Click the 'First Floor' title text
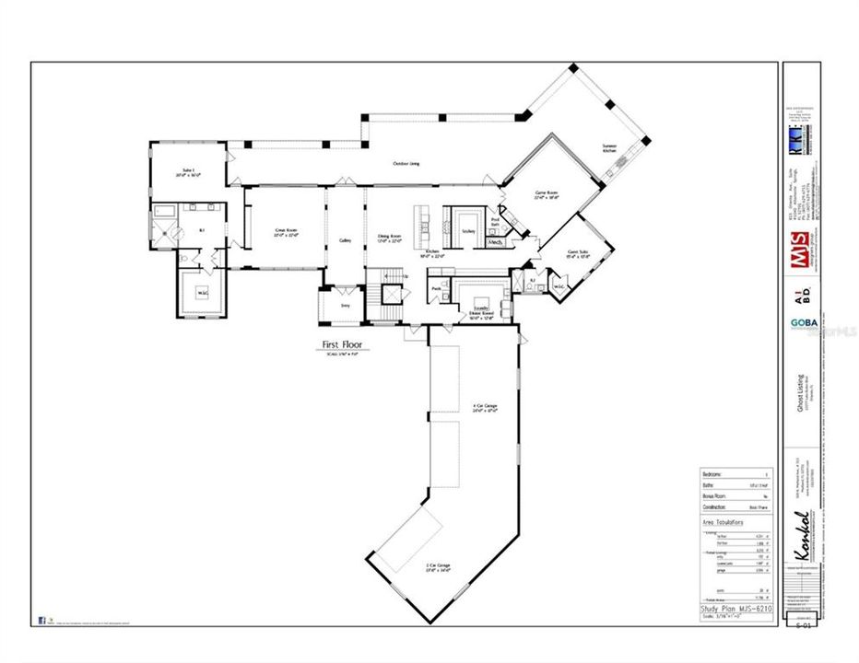[341, 345]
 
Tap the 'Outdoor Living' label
[406, 164]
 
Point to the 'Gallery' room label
[346, 240]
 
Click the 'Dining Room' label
[390, 237]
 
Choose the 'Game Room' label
[547, 195]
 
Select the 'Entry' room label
[346, 304]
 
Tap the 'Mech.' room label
[495, 242]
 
